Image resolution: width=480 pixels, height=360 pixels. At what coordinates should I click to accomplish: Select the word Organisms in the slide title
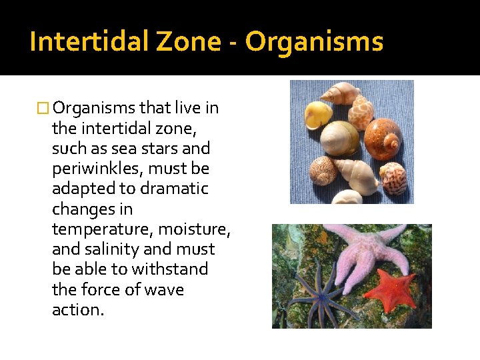(314, 41)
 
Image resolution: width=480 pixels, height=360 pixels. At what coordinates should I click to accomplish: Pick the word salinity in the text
(117, 249)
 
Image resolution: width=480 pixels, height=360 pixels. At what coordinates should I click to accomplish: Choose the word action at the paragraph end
(77, 310)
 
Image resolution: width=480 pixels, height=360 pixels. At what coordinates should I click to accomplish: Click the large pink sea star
(367, 253)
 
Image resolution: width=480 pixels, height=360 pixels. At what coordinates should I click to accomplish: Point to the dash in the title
(233, 43)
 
